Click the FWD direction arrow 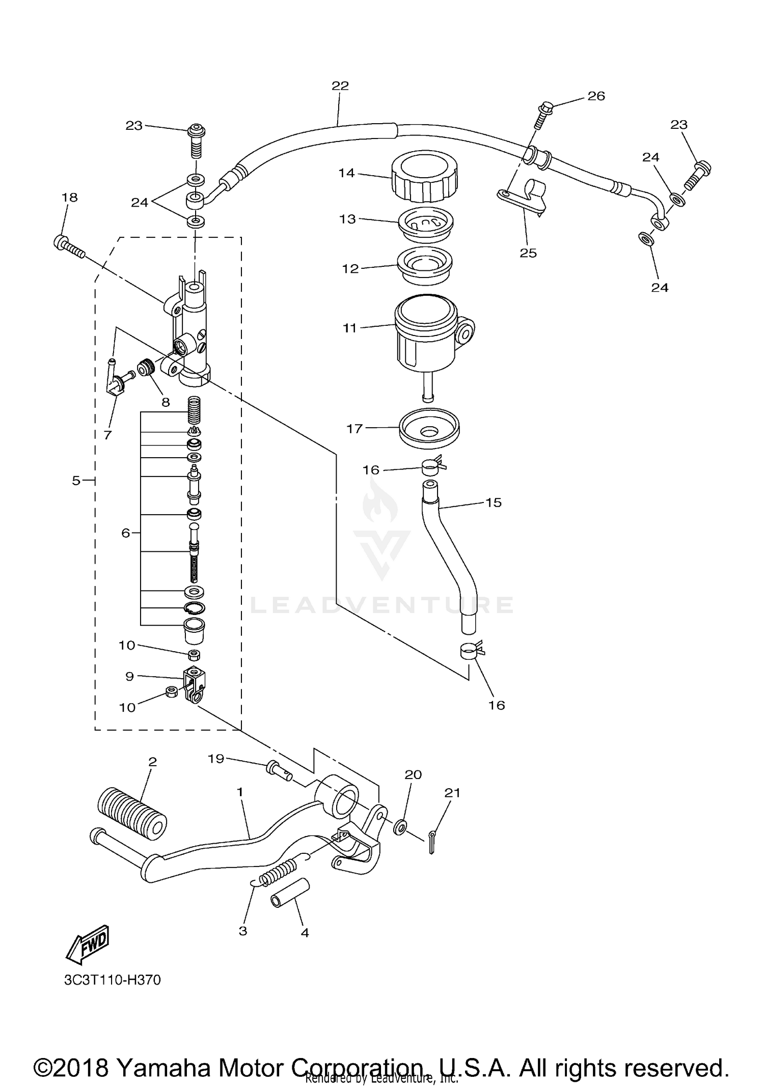[x=88, y=944]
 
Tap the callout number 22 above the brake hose [x=340, y=86]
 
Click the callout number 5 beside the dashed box [x=76, y=480]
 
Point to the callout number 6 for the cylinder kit [x=125, y=533]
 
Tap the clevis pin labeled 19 [x=278, y=770]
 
